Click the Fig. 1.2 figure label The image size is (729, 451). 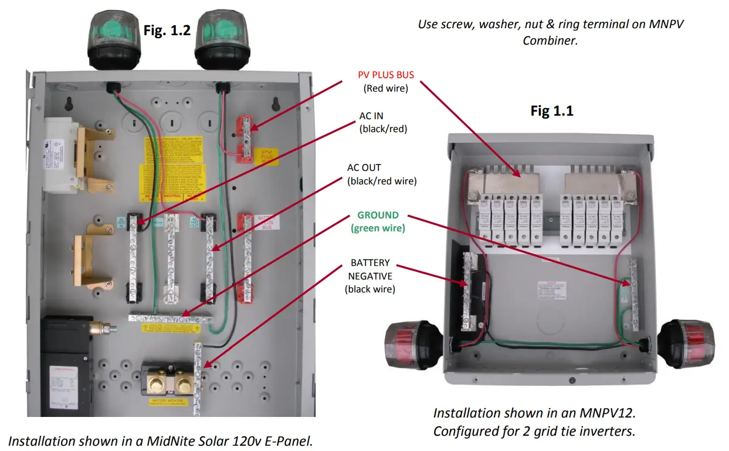[x=167, y=30]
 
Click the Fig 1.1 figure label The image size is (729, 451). [x=552, y=110]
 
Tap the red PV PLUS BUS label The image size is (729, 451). [x=386, y=75]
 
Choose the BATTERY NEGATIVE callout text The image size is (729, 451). [x=370, y=275]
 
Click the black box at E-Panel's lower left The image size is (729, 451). [x=66, y=364]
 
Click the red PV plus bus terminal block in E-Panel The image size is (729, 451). [x=245, y=139]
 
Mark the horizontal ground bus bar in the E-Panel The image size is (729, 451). [x=170, y=318]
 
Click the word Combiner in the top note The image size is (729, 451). [x=550, y=41]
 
